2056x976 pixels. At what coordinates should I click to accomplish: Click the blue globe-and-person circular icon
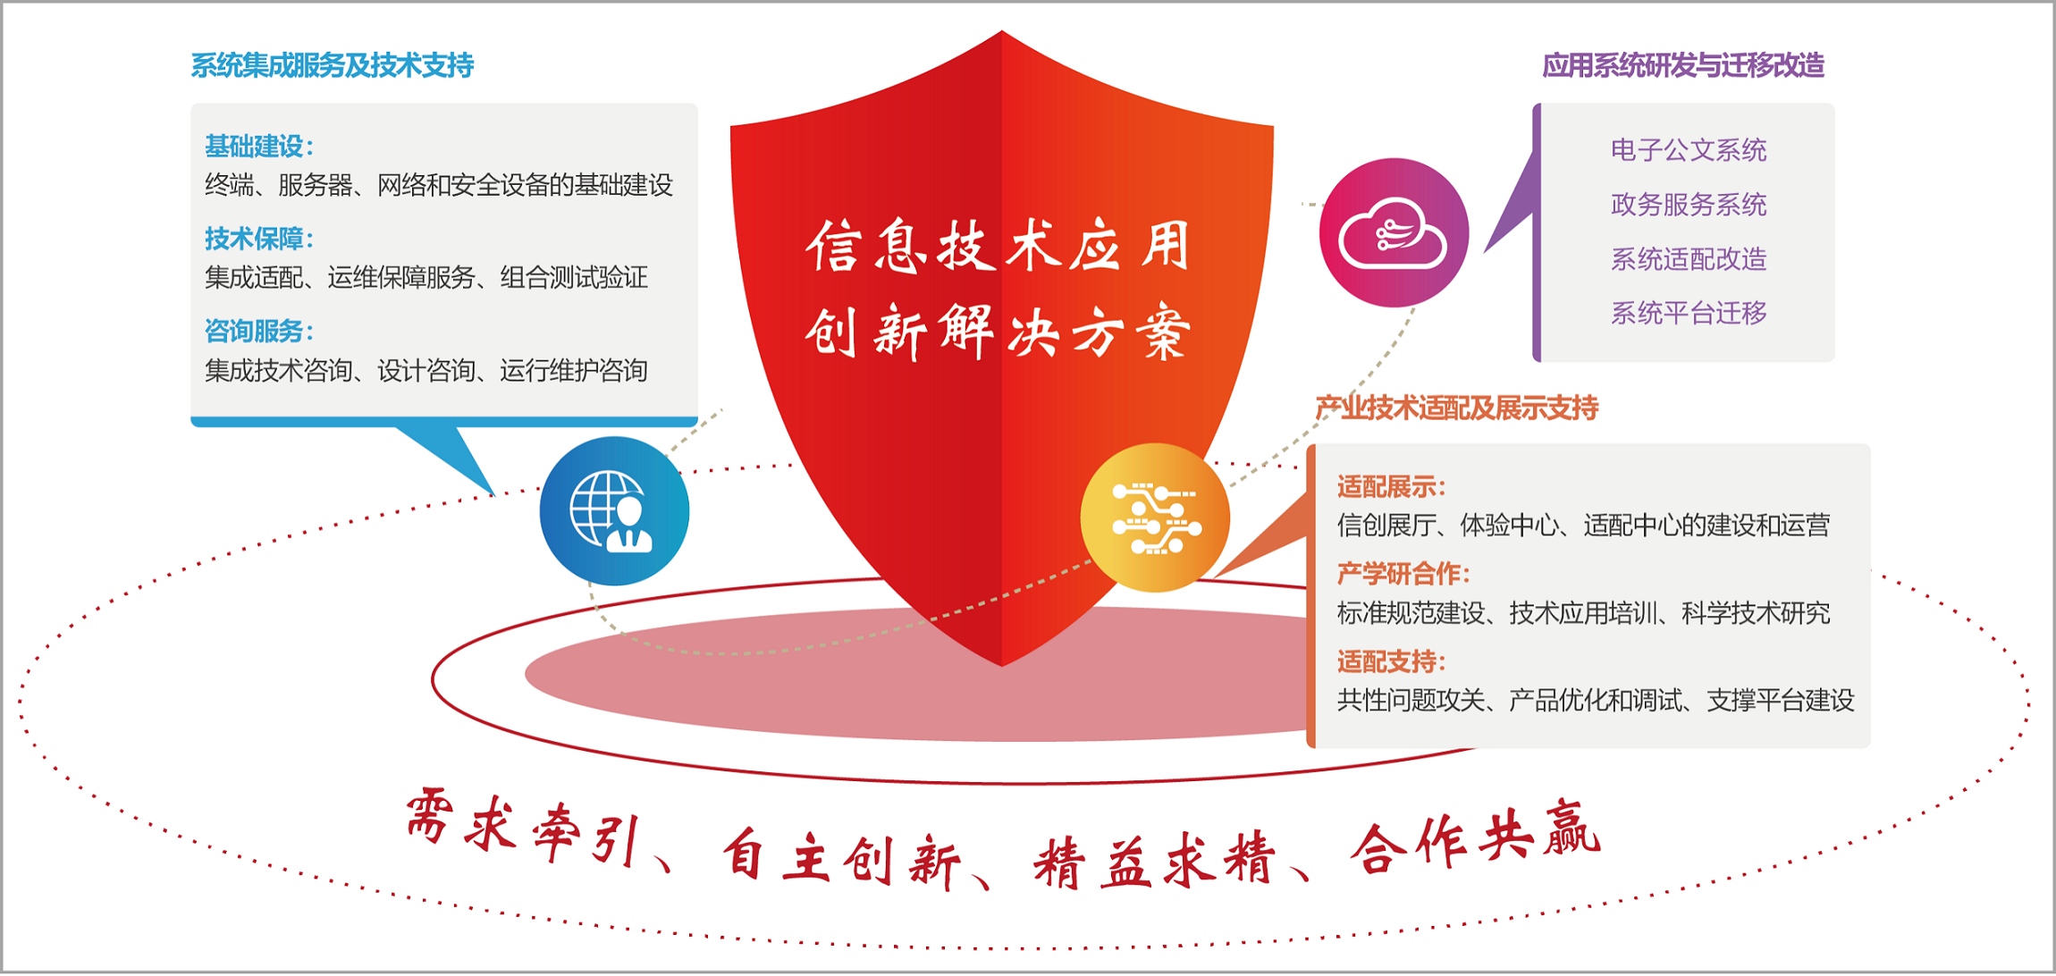click(614, 511)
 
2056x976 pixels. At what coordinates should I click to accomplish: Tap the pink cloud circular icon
click(1394, 232)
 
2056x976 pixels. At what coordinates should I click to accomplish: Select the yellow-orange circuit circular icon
click(1155, 517)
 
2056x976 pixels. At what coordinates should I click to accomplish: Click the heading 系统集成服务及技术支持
click(333, 65)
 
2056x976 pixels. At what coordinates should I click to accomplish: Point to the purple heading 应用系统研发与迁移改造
click(1683, 65)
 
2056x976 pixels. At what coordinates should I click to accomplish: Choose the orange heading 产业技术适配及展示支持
click(1457, 408)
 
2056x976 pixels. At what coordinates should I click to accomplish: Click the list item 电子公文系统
click(1689, 150)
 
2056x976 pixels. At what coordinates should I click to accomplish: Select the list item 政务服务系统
click(1689, 205)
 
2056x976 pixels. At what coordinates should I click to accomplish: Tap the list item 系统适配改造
click(1689, 259)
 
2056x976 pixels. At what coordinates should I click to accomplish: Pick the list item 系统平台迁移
click(1689, 313)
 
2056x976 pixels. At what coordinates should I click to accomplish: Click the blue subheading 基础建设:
click(259, 146)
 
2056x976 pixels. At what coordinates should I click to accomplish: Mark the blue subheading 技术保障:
click(259, 239)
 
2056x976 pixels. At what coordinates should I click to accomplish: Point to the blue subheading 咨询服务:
click(259, 332)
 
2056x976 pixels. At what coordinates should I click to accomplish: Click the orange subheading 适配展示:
click(1391, 487)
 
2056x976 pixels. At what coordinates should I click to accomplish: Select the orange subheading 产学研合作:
click(1403, 574)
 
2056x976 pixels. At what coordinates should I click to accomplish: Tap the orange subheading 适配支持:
click(1391, 661)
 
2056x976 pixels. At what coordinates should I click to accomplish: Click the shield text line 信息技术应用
click(999, 246)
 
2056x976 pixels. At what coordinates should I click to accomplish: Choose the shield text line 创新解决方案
click(999, 332)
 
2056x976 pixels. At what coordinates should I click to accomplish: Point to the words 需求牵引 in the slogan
click(524, 827)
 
